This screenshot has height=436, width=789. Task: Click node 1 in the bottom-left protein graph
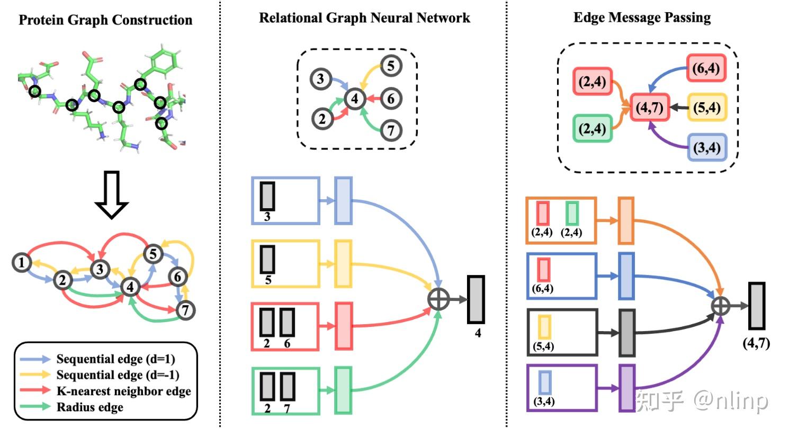click(22, 262)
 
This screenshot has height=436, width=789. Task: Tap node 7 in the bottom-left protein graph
click(185, 310)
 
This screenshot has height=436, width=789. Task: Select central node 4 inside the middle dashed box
click(354, 99)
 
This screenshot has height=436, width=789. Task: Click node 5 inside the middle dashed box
click(391, 66)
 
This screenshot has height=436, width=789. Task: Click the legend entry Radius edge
click(89, 407)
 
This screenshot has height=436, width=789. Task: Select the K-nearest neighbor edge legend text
click(123, 391)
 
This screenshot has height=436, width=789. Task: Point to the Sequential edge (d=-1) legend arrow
click(35, 375)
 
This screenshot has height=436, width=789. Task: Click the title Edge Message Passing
click(642, 18)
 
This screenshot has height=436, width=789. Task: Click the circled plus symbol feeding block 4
click(438, 299)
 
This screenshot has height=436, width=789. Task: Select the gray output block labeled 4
click(476, 299)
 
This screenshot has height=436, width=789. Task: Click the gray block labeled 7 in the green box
click(287, 387)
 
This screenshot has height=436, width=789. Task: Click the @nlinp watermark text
click(730, 401)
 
